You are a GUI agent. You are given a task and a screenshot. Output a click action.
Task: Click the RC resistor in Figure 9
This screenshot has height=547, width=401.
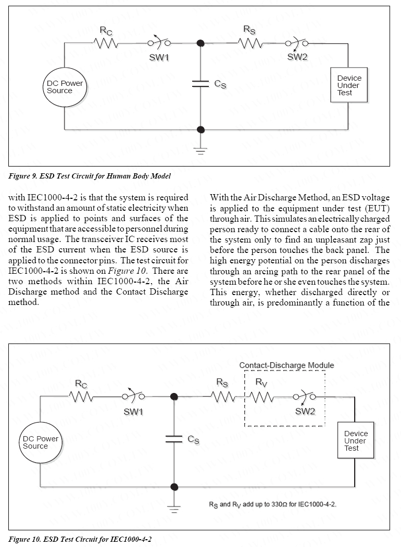tap(106, 44)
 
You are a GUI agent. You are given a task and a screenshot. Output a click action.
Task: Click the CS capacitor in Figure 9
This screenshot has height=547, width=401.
tap(201, 84)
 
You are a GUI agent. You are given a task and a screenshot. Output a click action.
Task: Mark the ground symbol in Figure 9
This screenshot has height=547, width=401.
tap(200, 150)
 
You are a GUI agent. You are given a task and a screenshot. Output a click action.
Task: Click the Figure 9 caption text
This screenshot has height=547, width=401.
tap(90, 176)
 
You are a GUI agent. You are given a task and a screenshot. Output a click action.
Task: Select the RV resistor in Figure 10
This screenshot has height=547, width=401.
tap(261, 398)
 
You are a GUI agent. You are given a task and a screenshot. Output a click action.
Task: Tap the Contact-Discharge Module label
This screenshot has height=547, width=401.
tap(286, 365)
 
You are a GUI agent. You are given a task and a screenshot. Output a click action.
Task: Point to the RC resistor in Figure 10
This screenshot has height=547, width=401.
tap(81, 397)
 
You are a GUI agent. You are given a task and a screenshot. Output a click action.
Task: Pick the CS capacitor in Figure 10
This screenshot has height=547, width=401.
tap(174, 439)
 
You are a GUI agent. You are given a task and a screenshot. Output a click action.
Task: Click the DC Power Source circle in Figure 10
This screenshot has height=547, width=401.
tap(40, 443)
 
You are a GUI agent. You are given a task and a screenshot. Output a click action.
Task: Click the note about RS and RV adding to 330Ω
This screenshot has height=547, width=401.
tap(276, 504)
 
